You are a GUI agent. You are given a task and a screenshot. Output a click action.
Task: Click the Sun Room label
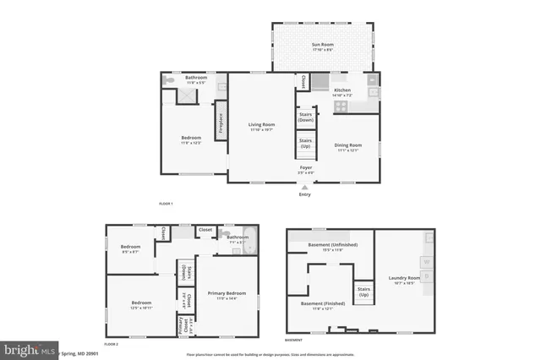322,47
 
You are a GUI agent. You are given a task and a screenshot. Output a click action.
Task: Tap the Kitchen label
342,90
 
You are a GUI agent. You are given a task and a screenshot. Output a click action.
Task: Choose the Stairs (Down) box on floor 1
305,117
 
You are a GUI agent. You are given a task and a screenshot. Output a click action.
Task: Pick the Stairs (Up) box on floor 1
305,145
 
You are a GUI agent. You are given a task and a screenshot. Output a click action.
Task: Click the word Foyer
306,167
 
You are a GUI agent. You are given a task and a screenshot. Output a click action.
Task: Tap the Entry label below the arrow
304,195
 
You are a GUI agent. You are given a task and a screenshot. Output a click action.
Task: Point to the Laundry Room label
404,278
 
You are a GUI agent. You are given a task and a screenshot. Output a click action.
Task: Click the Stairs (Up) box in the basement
364,292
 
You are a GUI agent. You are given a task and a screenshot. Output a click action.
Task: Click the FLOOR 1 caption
166,204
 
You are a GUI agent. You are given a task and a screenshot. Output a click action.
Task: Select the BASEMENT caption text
293,340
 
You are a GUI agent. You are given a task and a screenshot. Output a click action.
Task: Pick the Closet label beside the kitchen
301,82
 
